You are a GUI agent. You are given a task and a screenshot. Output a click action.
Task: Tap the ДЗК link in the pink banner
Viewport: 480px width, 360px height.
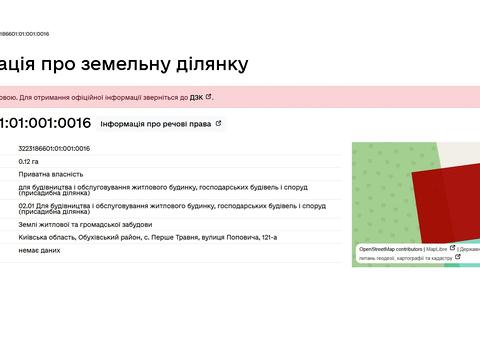tap(195, 98)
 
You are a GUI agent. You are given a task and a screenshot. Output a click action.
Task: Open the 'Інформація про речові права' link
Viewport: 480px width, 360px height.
tap(156, 124)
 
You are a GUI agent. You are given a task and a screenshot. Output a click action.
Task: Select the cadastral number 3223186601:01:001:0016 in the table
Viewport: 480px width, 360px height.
tap(54, 149)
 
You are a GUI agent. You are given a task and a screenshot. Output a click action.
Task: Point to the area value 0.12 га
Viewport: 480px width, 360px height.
tap(29, 161)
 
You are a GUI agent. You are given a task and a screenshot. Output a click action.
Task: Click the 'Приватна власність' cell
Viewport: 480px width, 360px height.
tap(44, 173)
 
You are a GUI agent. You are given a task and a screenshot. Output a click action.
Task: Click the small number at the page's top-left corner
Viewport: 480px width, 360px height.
tap(24, 33)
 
